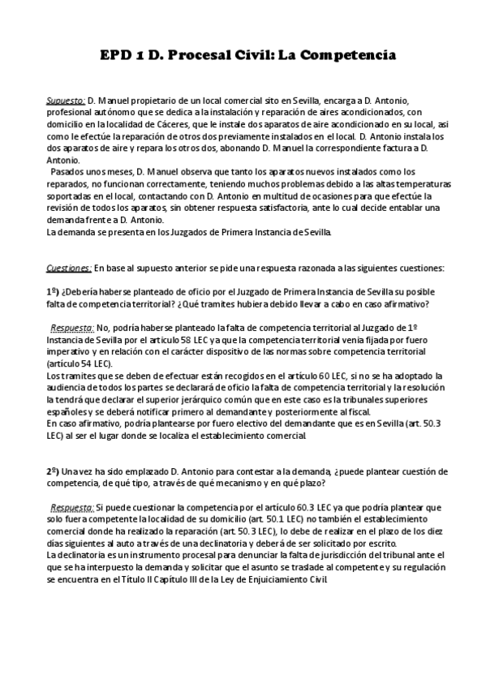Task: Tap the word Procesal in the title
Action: [209, 56]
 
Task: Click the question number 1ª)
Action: [53, 291]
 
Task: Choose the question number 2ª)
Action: [53, 471]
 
